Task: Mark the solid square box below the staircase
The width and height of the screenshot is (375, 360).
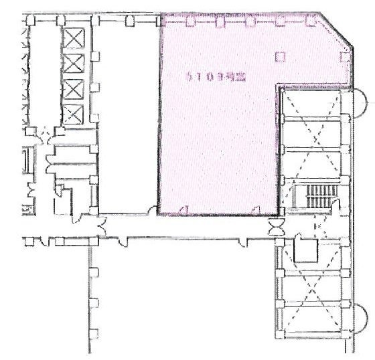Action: [x=305, y=250]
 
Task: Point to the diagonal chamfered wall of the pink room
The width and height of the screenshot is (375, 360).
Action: [x=335, y=33]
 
